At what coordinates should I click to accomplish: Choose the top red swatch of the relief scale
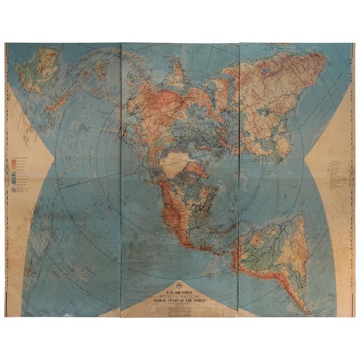[14, 162]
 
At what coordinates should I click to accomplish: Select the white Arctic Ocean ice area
[176, 164]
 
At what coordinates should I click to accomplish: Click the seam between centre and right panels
[239, 178]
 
